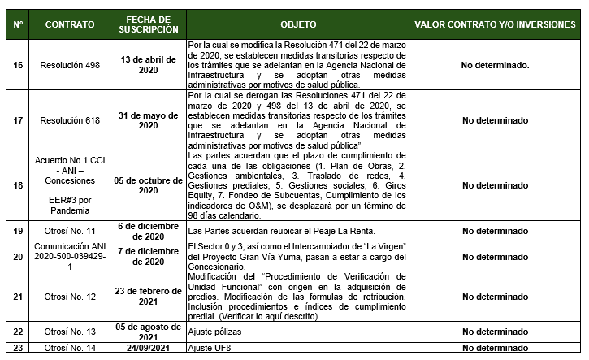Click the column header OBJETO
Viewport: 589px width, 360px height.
tap(297, 25)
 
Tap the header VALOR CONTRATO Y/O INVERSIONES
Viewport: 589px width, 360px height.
tap(495, 25)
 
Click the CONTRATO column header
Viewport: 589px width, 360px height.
tap(69, 25)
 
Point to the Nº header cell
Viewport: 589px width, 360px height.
tap(18, 25)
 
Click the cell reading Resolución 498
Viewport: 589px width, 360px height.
tap(69, 64)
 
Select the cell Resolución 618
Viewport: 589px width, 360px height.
tap(69, 120)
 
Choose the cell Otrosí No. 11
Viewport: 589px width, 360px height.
tap(69, 231)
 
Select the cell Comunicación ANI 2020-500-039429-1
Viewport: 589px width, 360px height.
tap(69, 256)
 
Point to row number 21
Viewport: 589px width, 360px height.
tap(18, 297)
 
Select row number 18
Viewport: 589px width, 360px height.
tap(18, 184)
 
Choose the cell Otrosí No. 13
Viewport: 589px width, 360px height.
tap(69, 332)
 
